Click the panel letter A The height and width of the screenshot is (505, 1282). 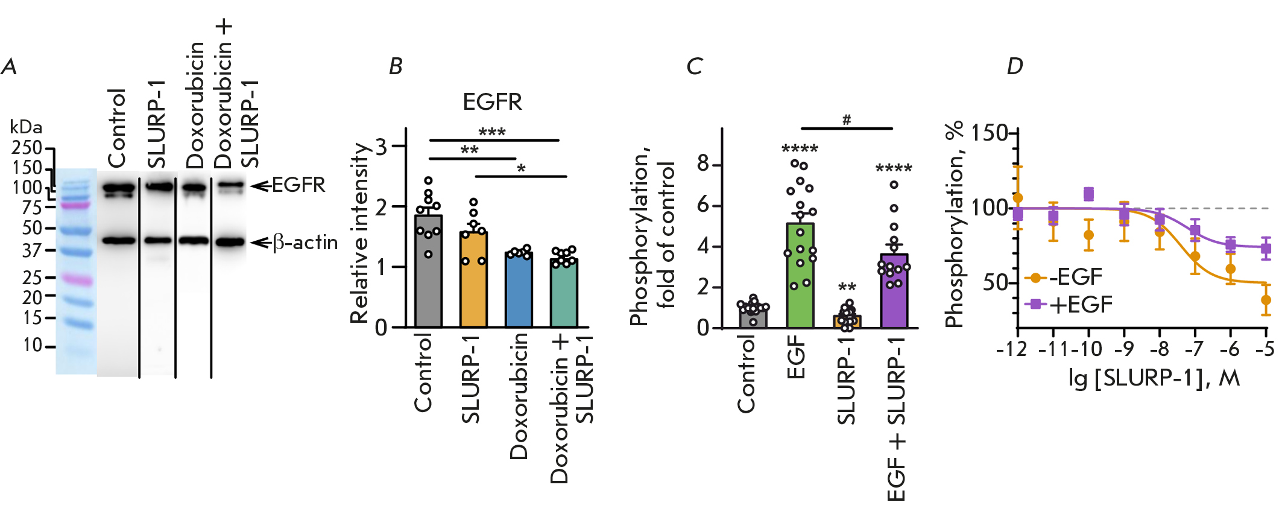point(9,66)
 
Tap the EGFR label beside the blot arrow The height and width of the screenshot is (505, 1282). point(298,185)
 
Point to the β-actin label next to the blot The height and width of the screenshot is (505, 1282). point(305,243)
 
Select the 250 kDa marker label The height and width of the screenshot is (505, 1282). point(27,148)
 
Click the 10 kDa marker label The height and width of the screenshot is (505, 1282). point(33,345)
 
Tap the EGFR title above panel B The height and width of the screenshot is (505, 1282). point(492,102)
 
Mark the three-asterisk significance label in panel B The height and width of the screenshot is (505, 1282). point(491,132)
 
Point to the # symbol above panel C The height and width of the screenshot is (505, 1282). point(847,120)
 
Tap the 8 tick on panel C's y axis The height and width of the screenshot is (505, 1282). point(703,164)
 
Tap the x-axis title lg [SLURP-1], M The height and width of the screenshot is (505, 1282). point(1154,378)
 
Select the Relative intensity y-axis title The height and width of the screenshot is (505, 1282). point(360,233)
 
